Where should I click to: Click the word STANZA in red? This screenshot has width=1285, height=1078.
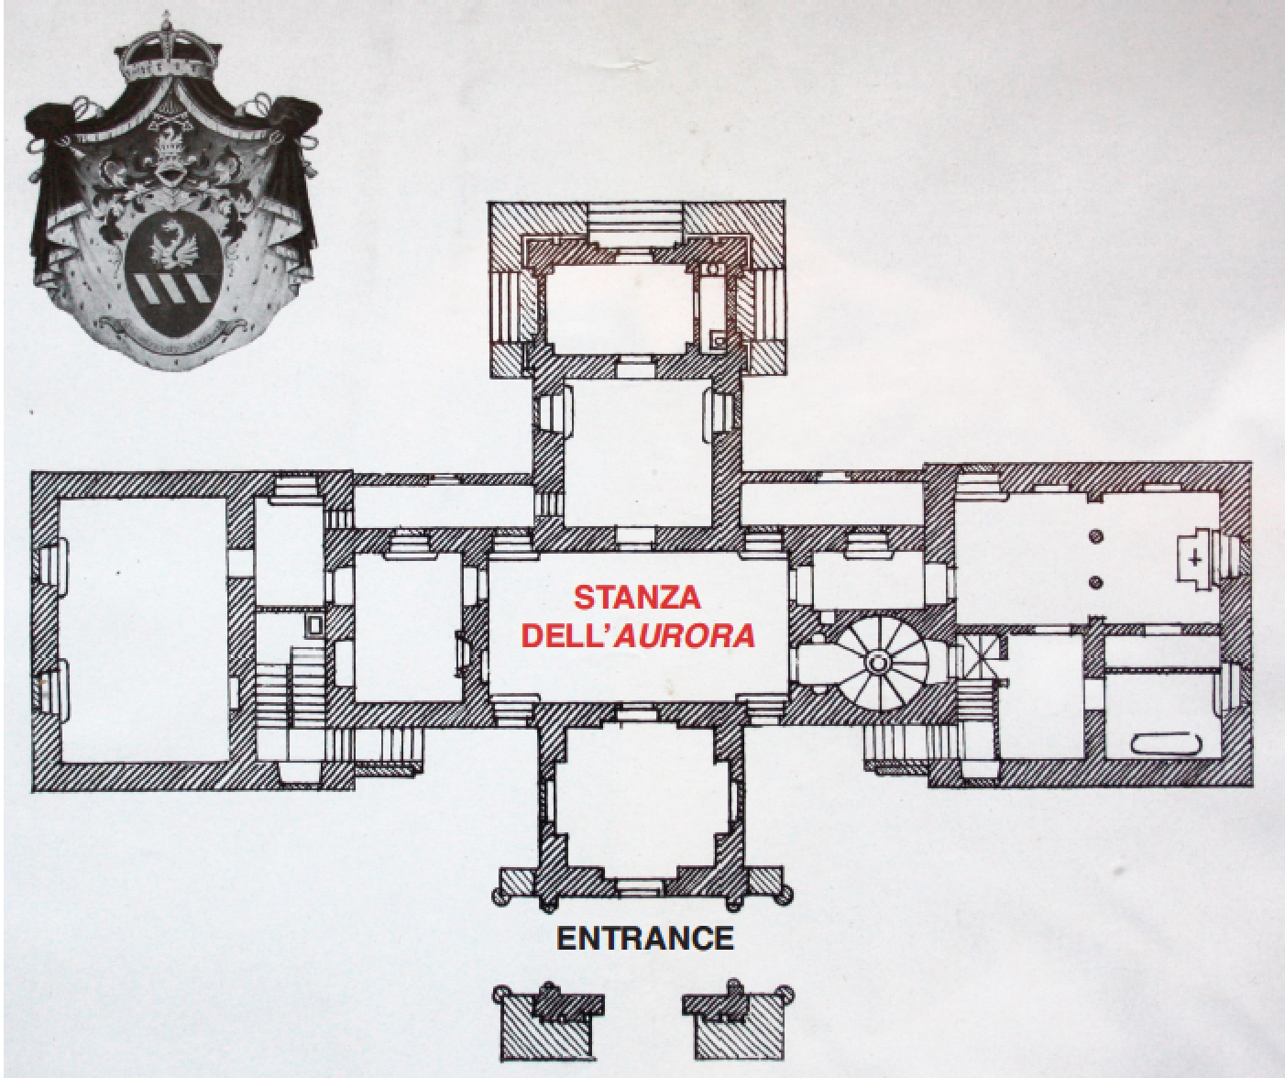[x=637, y=599]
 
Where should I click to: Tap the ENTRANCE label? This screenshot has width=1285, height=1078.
[x=645, y=939]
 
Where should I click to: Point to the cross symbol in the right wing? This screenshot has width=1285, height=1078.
[x=1194, y=558]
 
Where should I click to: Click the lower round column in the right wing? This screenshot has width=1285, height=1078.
[x=1093, y=581]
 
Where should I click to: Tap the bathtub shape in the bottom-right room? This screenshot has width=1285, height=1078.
[x=1169, y=742]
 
